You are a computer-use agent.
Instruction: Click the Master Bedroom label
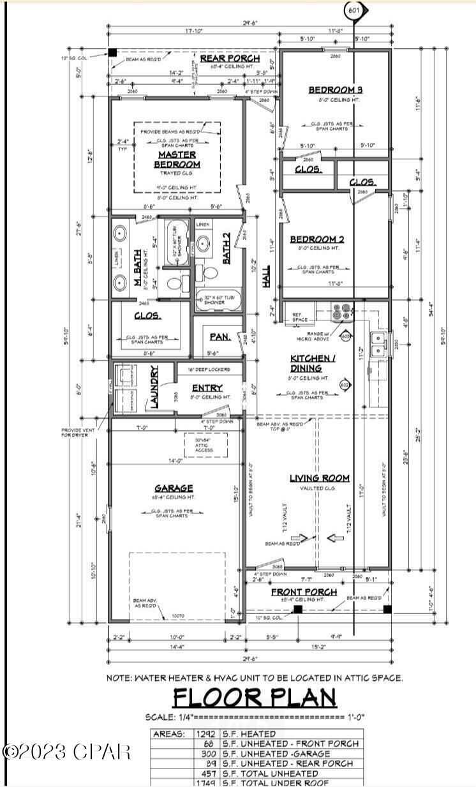pyautogui.click(x=177, y=160)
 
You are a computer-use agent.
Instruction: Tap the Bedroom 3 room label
pyautogui.click(x=335, y=89)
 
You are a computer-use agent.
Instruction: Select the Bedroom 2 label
pyautogui.click(x=317, y=239)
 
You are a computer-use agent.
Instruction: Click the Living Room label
pyautogui.click(x=320, y=478)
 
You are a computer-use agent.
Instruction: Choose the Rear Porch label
pyautogui.click(x=223, y=59)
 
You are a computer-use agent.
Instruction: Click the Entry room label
pyautogui.click(x=207, y=387)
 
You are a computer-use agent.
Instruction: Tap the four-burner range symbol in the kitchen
pyautogui.click(x=341, y=311)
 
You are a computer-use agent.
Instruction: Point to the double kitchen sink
pyautogui.click(x=379, y=343)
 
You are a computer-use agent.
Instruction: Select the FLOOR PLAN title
pyautogui.click(x=255, y=698)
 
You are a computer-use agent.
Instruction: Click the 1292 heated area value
pyautogui.click(x=206, y=734)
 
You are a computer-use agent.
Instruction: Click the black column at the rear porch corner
pyautogui.click(x=112, y=52)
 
